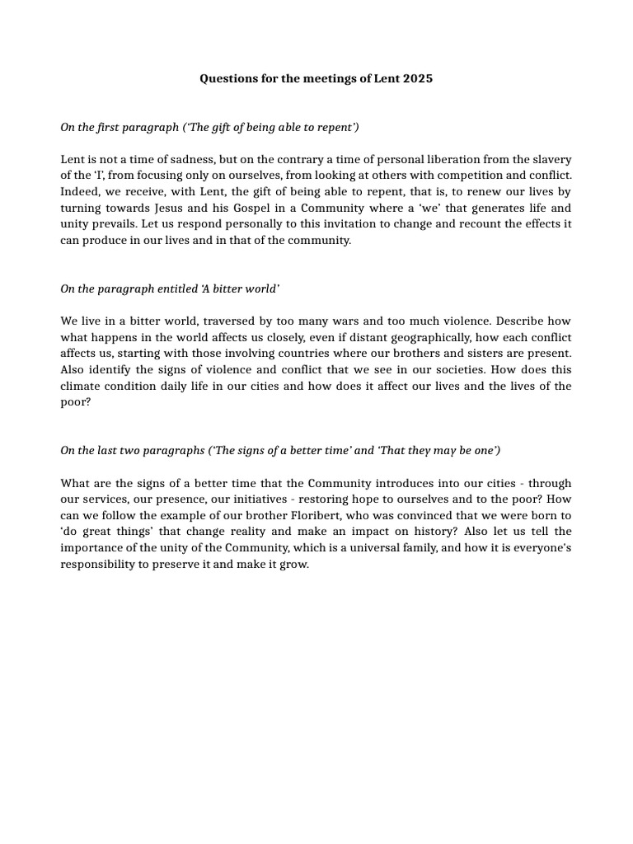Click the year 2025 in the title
tap(418, 79)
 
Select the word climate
tap(81, 386)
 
